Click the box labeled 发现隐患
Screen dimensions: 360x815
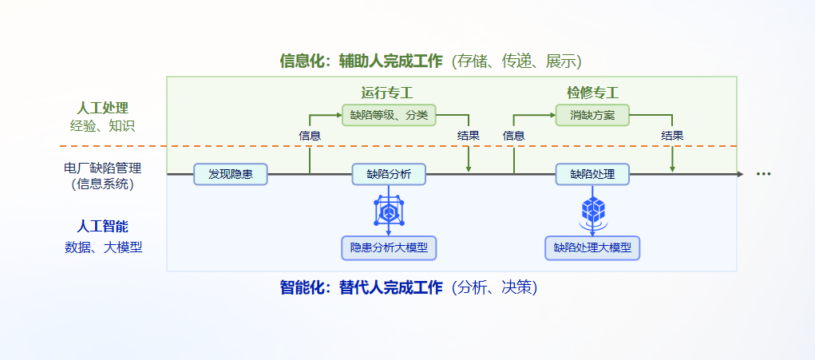click(231, 174)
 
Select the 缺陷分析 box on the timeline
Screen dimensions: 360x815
click(389, 174)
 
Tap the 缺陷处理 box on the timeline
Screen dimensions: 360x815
click(592, 174)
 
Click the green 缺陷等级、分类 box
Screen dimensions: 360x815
click(389, 115)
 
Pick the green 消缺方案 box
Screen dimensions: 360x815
click(592, 115)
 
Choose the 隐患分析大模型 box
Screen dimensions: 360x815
click(389, 247)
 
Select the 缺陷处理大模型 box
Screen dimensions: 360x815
click(592, 247)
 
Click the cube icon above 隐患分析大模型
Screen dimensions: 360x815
click(389, 212)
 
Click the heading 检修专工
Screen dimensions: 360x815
click(592, 93)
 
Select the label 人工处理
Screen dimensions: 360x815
click(102, 107)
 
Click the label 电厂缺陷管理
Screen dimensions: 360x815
click(102, 168)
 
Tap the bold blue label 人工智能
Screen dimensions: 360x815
click(102, 227)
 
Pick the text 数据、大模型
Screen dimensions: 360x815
click(103, 247)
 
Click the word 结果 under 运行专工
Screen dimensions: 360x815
click(469, 136)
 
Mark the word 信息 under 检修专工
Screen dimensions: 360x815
click(513, 136)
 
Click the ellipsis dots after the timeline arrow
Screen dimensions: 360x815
click(763, 174)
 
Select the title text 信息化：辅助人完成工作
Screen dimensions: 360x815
click(361, 61)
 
